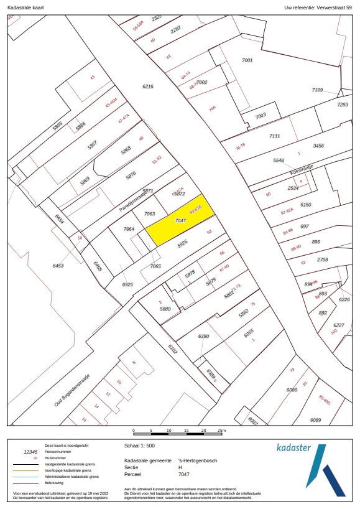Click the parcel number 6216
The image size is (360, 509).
pyautogui.click(x=147, y=86)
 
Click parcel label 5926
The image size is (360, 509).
pyautogui.click(x=183, y=245)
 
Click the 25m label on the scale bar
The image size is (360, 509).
pyautogui.click(x=222, y=431)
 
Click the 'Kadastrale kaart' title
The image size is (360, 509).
pyautogui.click(x=24, y=7)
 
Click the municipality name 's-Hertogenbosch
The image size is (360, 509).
pyautogui.click(x=197, y=460)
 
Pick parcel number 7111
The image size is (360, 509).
pyautogui.click(x=274, y=136)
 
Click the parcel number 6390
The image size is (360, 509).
pyautogui.click(x=203, y=337)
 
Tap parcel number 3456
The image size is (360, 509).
pyautogui.click(x=318, y=146)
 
